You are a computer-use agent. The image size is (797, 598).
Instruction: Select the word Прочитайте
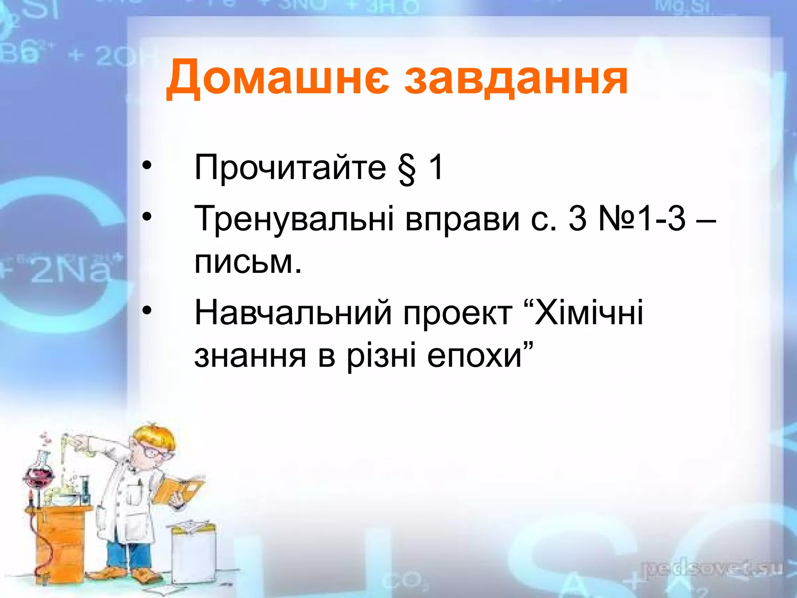[x=290, y=167]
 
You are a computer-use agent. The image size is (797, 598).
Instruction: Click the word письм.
[x=248, y=262]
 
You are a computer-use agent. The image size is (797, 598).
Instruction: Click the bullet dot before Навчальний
[x=146, y=310]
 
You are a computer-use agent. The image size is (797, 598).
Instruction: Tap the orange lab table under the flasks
[x=58, y=537]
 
